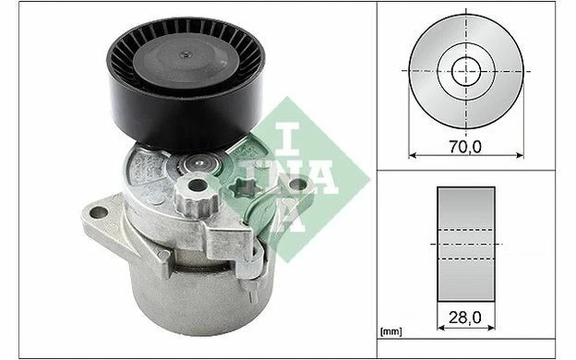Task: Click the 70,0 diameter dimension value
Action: pyautogui.click(x=465, y=147)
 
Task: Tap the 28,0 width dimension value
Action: pyautogui.click(x=464, y=318)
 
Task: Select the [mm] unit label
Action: pyautogui.click(x=391, y=332)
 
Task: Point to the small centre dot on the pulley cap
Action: pyautogui.click(x=186, y=55)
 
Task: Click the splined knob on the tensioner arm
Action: pyautogui.click(x=197, y=194)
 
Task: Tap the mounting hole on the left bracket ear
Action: pyautogui.click(x=99, y=212)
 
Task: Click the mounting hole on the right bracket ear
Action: pyautogui.click(x=298, y=184)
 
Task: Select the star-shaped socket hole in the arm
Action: pyautogui.click(x=245, y=187)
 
